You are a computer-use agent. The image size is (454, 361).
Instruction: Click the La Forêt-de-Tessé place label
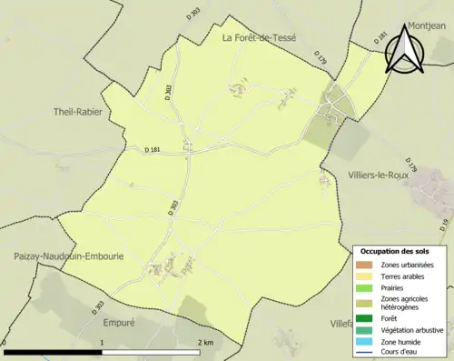[260, 36]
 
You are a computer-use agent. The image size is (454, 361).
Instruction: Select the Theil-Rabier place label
[78, 112]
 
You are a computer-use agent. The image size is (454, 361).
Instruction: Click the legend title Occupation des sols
[395, 251]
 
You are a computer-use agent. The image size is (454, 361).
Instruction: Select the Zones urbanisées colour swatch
[366, 265]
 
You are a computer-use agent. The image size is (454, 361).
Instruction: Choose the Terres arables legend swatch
[366, 276]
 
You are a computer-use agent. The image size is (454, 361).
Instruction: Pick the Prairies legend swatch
[366, 288]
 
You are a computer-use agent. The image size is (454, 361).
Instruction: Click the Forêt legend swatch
[366, 318]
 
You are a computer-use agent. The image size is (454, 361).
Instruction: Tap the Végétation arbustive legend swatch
[366, 329]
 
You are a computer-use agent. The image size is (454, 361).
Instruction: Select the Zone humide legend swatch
[366, 340]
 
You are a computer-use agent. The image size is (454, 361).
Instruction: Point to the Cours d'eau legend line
[366, 351]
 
